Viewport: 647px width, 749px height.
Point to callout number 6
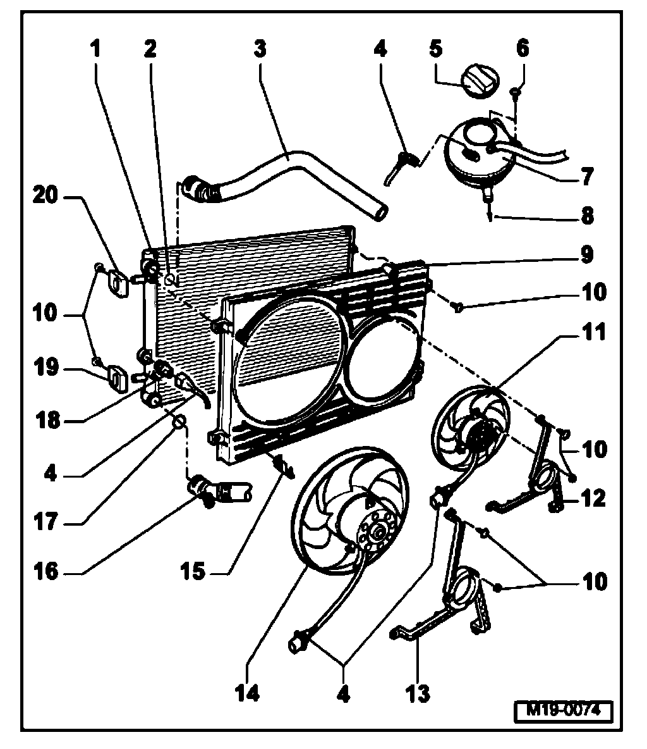pyautogui.click(x=523, y=49)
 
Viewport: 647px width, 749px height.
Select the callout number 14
pyautogui.click(x=248, y=693)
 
